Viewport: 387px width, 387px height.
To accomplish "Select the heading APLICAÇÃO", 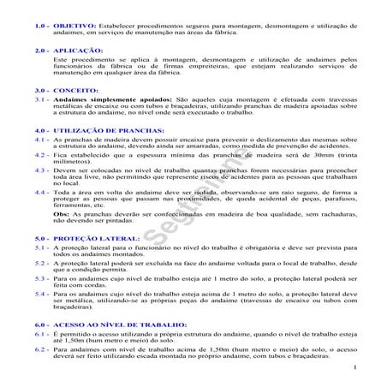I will click(79, 51).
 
